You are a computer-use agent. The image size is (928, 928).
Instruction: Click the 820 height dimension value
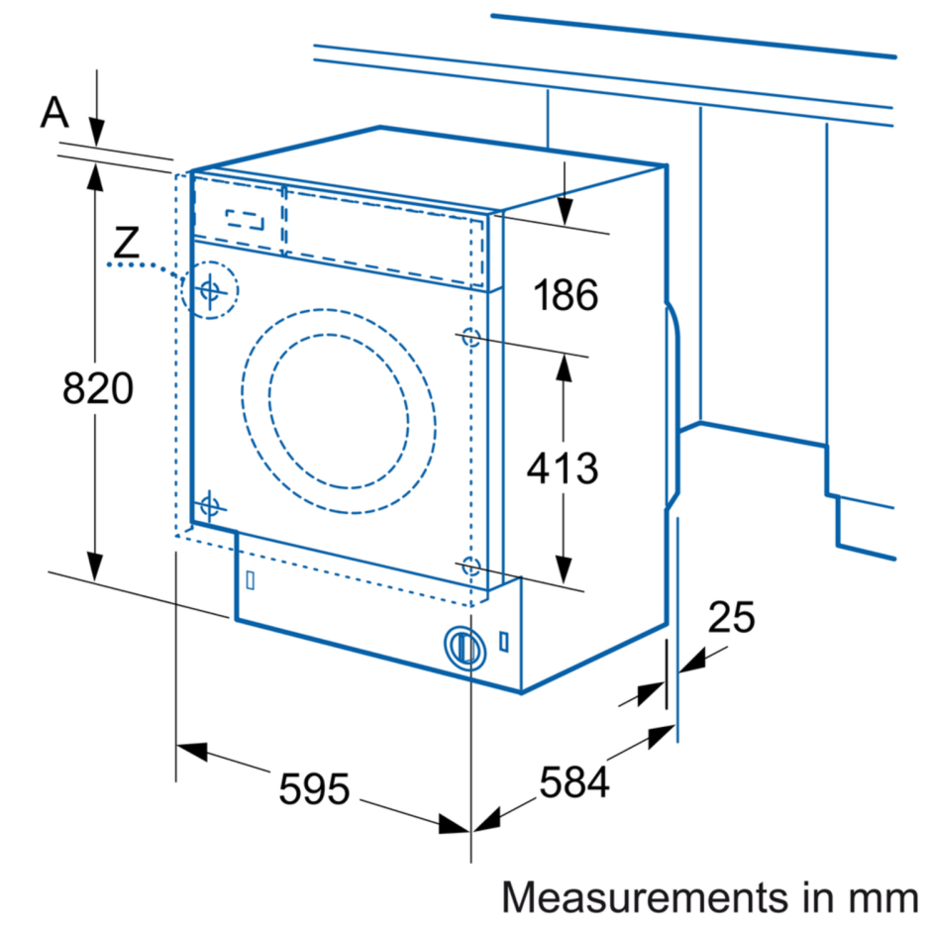tap(97, 388)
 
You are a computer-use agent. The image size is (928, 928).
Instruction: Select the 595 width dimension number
tap(314, 789)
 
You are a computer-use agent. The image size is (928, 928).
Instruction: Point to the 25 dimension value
tap(731, 618)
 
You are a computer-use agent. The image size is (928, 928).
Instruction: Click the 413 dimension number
tap(563, 466)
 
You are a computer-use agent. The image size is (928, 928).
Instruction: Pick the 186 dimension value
tap(565, 294)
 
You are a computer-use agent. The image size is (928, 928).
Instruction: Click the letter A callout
tap(54, 114)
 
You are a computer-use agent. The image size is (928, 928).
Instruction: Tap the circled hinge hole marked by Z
tap(210, 290)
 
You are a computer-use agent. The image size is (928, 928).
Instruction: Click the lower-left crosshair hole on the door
tap(208, 506)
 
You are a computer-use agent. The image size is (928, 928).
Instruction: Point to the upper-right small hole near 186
tap(470, 338)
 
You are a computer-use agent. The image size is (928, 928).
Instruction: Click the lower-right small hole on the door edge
tap(470, 566)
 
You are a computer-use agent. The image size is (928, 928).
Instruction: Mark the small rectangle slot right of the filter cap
tap(505, 641)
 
